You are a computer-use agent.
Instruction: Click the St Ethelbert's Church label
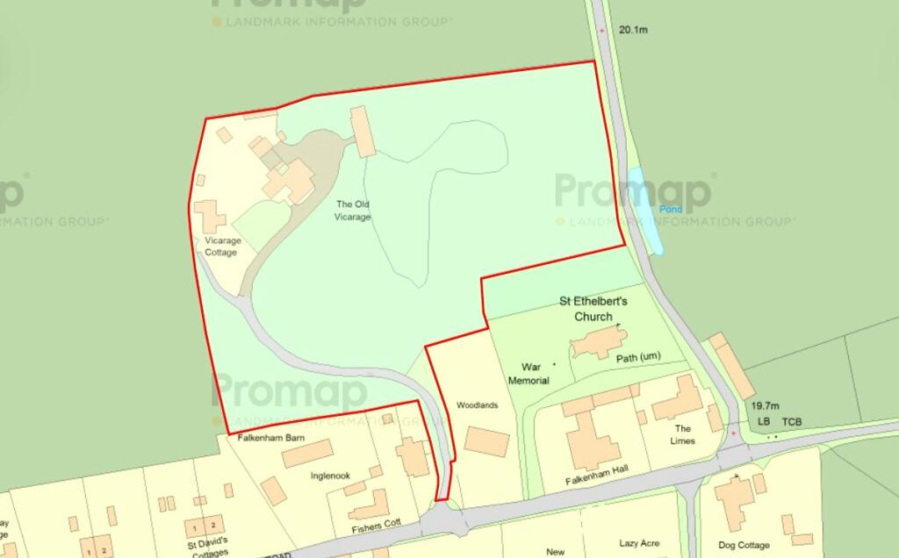coord(593,309)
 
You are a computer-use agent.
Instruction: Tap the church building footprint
coord(596,342)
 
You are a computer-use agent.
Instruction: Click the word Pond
coord(671,210)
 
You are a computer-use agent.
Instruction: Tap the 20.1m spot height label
coord(633,30)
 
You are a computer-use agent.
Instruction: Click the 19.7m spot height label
coord(765,406)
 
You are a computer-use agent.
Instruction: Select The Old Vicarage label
coord(354,211)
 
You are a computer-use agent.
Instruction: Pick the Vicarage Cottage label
coord(221,246)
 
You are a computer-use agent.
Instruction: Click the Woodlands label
coord(478,405)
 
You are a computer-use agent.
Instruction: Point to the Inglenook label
coord(330,476)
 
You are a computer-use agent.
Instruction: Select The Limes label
coord(683,434)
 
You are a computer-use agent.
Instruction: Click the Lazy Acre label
coord(639,543)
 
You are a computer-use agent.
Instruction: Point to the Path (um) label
coord(638,357)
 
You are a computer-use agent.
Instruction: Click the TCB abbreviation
coord(793,422)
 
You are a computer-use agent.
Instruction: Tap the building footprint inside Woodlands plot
coord(486,441)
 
